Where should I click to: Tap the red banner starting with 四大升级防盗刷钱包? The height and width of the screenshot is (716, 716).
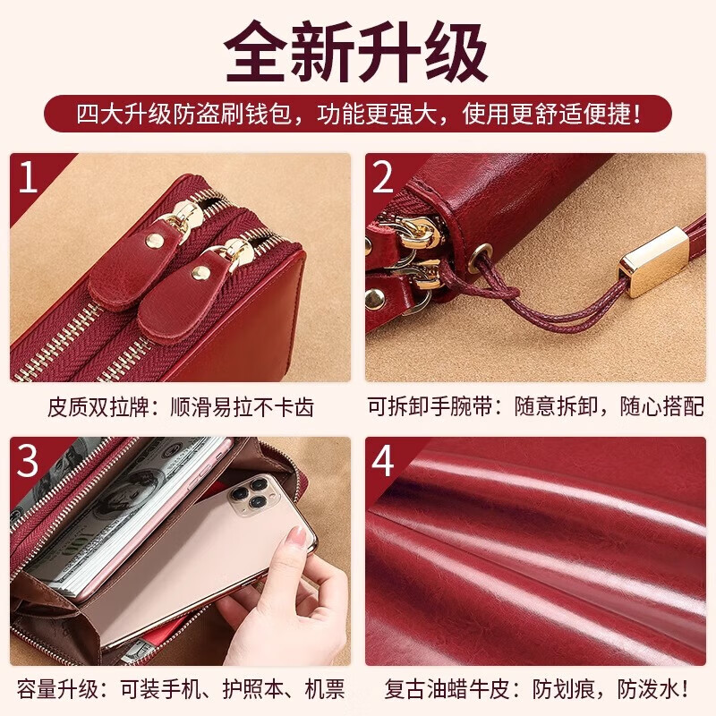[x=358, y=115]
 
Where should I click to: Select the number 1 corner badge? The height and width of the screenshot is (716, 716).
[x=29, y=177]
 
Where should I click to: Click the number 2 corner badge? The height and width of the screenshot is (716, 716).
[x=383, y=177]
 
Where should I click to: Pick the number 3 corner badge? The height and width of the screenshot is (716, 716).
[x=29, y=461]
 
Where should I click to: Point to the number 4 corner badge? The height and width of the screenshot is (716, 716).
[x=383, y=461]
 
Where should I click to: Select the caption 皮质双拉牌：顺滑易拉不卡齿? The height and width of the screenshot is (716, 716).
[x=181, y=408]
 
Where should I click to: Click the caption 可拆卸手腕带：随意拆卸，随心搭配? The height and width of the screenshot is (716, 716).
[x=535, y=408]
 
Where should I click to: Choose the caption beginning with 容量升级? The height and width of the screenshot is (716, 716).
[x=181, y=689]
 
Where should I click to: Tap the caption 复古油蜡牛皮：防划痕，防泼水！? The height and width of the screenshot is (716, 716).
[x=535, y=689]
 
